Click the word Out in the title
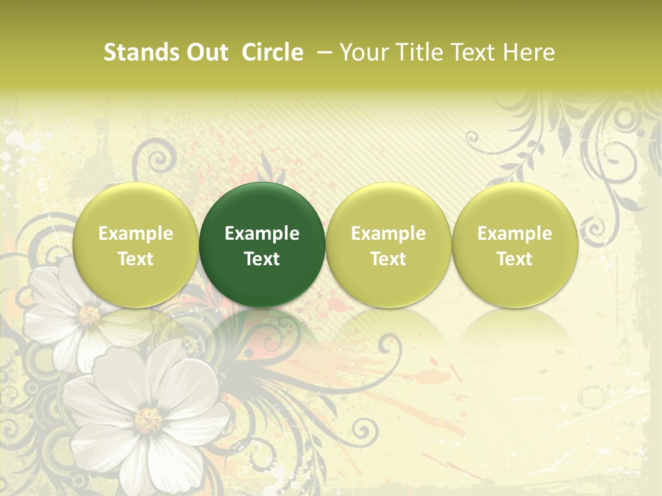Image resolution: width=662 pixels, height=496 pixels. [x=205, y=52]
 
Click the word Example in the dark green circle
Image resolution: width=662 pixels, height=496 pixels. [x=262, y=234]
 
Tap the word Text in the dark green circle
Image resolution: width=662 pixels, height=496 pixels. [x=262, y=259]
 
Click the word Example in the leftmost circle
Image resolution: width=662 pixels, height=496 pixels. [x=135, y=234]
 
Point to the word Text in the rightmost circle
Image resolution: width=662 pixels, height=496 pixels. [x=514, y=259]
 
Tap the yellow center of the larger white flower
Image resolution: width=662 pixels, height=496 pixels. [x=148, y=420]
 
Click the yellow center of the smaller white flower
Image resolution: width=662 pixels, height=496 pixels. [x=89, y=315]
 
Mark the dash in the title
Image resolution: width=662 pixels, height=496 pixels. [x=324, y=52]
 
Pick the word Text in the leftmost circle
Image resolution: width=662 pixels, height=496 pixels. [x=135, y=259]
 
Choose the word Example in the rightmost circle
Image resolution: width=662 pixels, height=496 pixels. [x=514, y=234]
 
